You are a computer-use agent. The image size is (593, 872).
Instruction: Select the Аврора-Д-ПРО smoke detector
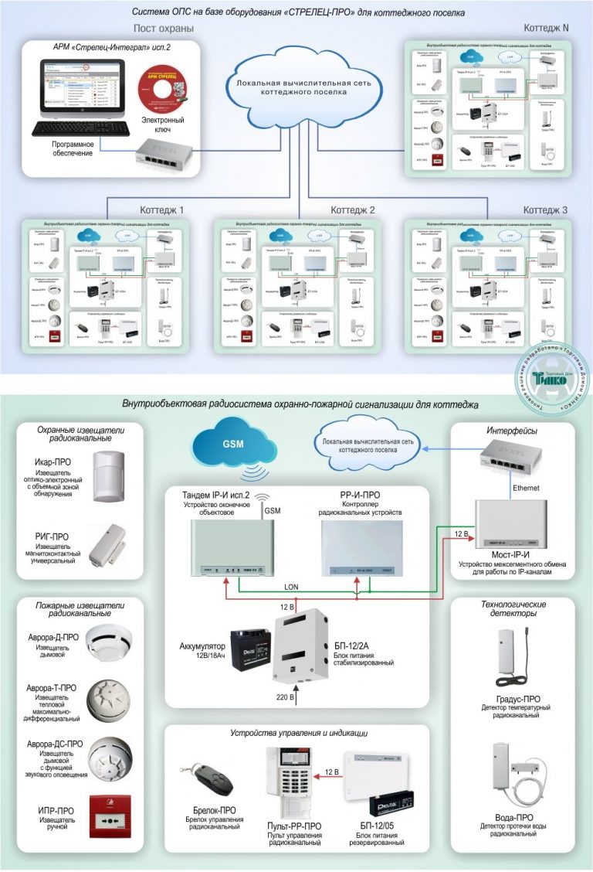pos(109,639)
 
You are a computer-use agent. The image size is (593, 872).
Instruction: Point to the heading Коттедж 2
pos(353,210)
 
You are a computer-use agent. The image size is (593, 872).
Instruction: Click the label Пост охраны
pos(163,29)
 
